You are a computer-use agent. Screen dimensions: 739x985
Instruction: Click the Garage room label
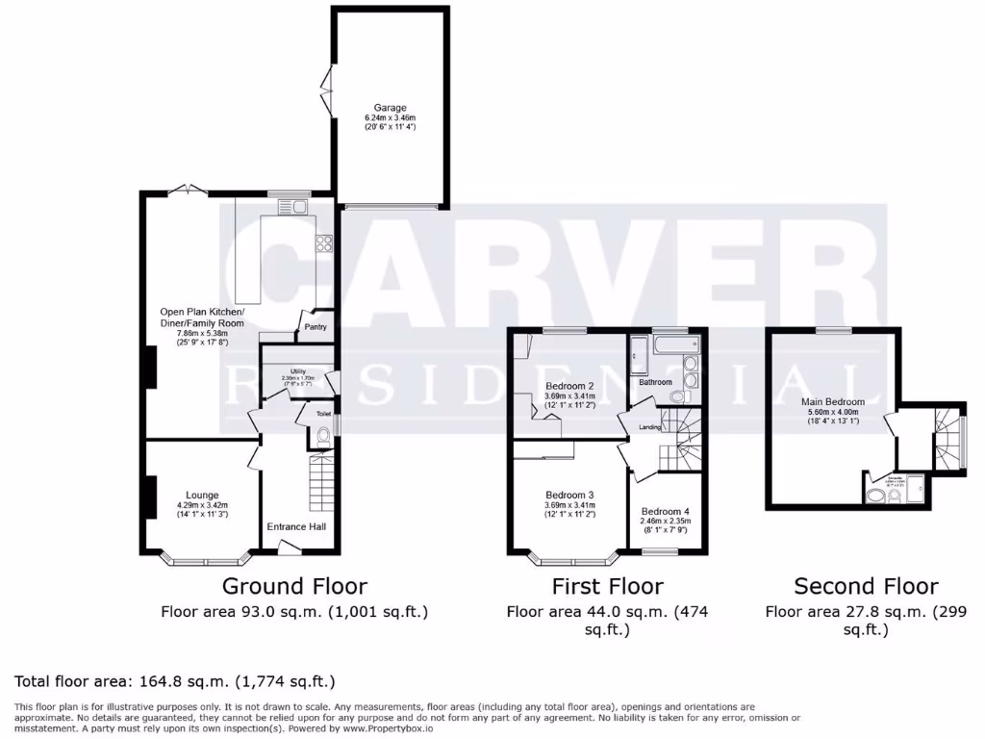pos(391,108)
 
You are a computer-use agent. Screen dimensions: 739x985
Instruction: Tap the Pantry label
pos(316,327)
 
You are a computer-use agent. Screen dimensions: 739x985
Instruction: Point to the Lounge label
pos(202,496)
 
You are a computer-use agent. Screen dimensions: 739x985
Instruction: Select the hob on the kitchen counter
pos(324,242)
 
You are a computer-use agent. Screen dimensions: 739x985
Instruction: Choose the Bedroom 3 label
pos(570,496)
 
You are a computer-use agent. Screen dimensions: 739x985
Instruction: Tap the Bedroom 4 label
pos(665,511)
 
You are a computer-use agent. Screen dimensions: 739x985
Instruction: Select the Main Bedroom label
pos(832,402)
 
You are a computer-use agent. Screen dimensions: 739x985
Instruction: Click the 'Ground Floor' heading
pos(294,586)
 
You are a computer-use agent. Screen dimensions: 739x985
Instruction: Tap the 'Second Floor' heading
pos(866,586)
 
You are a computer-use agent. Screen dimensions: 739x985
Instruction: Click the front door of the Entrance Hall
pos(288,548)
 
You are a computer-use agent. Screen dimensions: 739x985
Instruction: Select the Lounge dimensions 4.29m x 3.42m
pos(202,505)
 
